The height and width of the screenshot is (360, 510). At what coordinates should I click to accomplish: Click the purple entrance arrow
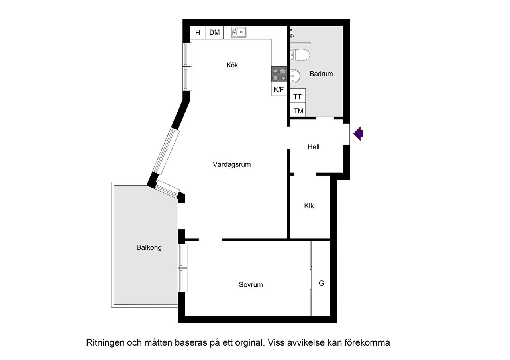click(x=359, y=133)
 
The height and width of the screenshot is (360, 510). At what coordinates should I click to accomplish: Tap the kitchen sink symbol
click(x=239, y=32)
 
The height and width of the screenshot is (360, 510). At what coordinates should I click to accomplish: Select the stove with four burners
click(x=279, y=74)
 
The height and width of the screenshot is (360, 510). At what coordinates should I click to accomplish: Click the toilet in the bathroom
click(x=300, y=55)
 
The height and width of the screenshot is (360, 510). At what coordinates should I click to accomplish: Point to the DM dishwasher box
click(x=214, y=33)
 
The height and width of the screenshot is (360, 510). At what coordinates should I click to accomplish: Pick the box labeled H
click(x=198, y=33)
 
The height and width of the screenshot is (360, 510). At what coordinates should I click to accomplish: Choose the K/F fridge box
click(x=279, y=90)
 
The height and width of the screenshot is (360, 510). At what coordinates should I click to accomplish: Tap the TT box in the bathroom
click(x=298, y=96)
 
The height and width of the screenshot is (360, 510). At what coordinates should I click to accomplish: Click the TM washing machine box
click(x=298, y=111)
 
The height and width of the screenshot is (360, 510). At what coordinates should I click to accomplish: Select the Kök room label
click(x=232, y=65)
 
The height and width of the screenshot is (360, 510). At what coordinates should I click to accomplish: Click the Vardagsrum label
click(x=232, y=164)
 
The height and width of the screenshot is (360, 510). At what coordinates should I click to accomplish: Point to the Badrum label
click(x=321, y=74)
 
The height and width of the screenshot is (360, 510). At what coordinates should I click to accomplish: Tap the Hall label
click(x=314, y=147)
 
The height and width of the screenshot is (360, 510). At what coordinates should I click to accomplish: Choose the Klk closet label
click(x=309, y=206)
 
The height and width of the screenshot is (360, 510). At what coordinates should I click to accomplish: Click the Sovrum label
click(x=251, y=285)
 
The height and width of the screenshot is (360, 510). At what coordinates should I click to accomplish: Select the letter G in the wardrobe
click(x=322, y=284)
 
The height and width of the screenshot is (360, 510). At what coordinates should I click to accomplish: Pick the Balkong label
click(x=149, y=247)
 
